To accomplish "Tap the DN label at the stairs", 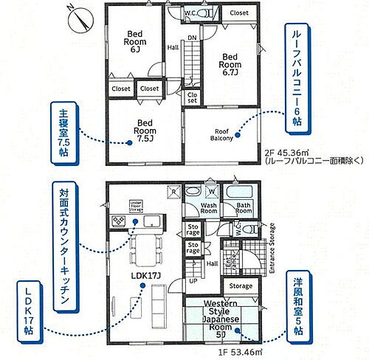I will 191,37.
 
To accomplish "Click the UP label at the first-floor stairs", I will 193,281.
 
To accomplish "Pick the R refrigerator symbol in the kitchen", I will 173,190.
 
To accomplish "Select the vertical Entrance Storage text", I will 272,249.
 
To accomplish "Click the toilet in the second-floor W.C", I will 173,14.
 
